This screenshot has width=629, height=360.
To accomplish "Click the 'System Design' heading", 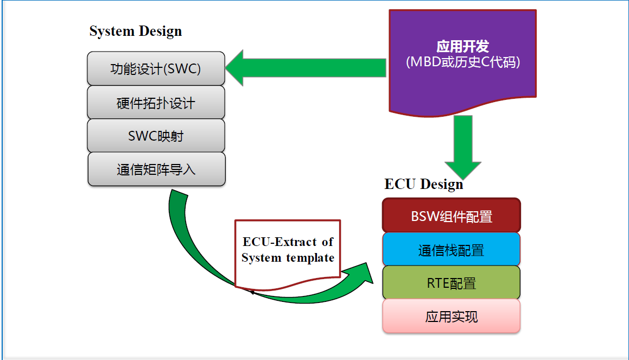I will pos(136,31).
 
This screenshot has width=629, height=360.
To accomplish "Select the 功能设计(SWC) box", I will pos(156,69).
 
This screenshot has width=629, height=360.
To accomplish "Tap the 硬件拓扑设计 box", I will pos(156,103).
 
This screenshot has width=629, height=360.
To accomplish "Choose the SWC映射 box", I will pos(156,136).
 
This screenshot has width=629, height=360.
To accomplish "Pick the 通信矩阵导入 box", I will pos(156,169).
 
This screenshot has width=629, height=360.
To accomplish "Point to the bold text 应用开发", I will pos(463,46).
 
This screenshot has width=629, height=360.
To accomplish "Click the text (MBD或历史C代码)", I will pos(463,62).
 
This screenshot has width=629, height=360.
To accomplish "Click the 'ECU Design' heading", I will pos(424,184).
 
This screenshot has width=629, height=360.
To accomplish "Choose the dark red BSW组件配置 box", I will pos(452,216).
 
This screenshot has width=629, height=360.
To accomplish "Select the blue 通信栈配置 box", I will pos(452,250).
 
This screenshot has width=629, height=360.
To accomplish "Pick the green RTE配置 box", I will pos(452,283).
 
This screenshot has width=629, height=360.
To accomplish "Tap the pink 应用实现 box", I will pos(452,317).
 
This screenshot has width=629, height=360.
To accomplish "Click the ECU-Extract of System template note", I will pos(288,252).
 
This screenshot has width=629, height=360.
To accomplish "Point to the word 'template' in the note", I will pos(312,258).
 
